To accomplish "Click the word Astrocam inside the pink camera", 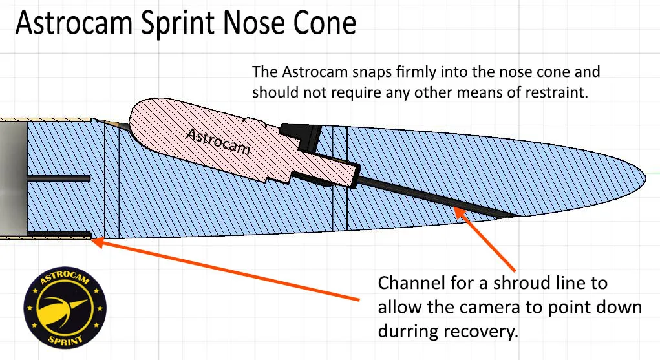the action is [218, 142].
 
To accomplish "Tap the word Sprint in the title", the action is [178, 23].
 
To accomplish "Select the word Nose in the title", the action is [255, 23].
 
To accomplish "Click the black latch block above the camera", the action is [301, 136].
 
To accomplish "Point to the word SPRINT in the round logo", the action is [65, 339].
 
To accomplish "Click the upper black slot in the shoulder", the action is [59, 178].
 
